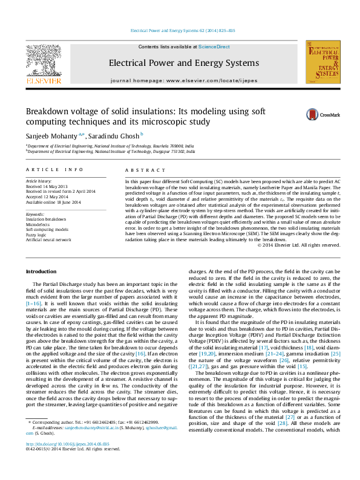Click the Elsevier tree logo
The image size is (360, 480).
[x=42, y=60]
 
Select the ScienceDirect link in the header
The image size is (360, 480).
[x=214, y=47]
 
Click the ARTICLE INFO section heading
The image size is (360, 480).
[x=54, y=170]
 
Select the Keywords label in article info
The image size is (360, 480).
[x=36, y=213]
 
